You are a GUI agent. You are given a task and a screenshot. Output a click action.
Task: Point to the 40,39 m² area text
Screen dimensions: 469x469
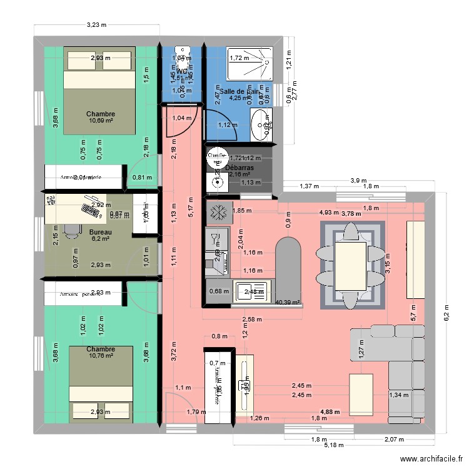pos(288,302)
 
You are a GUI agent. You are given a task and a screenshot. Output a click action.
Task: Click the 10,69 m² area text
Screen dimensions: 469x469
pos(100,121)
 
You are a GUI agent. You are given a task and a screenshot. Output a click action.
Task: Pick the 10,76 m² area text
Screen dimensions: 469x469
pos(100,356)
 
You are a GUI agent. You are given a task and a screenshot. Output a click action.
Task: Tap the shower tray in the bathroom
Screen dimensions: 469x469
pos(249,63)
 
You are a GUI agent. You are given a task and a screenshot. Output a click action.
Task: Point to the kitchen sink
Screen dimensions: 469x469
pos(250,291)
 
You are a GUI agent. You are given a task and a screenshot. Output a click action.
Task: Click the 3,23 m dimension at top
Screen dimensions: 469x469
pos(96,25)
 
